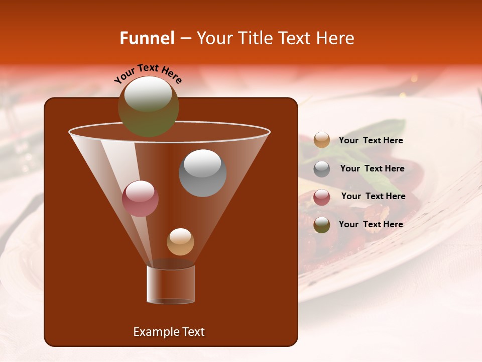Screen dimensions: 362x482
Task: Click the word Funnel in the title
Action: coord(147,38)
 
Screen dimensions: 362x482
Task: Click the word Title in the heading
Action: coord(254,38)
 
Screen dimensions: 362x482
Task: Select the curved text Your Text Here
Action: coord(148,73)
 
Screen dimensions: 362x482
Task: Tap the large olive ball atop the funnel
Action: coord(148,106)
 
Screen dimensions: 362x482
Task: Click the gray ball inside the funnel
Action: coord(202,173)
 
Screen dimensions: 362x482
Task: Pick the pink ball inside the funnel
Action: coord(140,199)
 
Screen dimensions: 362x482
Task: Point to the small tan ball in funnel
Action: coord(180,242)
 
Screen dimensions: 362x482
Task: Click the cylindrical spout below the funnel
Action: coord(171,285)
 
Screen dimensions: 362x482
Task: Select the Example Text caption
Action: coord(169,332)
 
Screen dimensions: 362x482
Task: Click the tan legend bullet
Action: coord(322,140)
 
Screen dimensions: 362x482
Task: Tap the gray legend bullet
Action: coord(322,168)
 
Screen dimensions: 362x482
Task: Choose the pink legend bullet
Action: coord(322,197)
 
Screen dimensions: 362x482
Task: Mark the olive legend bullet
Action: coord(322,225)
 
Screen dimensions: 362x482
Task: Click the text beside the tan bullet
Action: coord(371,141)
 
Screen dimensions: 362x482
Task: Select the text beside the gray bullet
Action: coord(372,169)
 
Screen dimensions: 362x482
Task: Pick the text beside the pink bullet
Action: coord(373,197)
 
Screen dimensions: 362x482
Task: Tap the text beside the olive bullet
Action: coord(371,224)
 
